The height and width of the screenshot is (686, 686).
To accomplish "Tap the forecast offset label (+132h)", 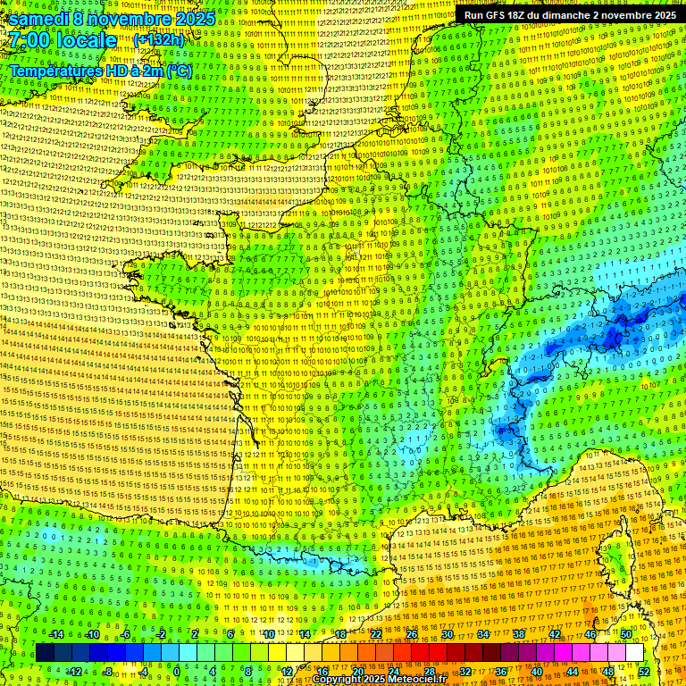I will pos(158,39).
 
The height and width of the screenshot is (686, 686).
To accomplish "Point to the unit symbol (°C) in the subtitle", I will pos(178,70).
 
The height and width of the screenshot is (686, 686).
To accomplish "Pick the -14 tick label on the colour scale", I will pos(57,634).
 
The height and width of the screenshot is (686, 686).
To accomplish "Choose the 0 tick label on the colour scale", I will pos(177,671).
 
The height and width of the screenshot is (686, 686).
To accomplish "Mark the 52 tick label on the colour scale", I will pos(644,671).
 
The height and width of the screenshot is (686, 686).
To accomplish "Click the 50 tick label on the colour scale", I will pos(626,634).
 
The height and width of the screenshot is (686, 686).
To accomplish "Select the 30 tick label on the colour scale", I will pos(447,634).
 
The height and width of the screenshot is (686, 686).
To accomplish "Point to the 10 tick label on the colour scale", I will pos(267,634).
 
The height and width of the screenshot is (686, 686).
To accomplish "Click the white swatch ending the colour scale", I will pos(634,653).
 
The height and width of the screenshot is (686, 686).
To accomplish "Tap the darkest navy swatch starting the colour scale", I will pos(45,653).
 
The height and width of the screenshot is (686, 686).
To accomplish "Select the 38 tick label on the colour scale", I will pos(518,634).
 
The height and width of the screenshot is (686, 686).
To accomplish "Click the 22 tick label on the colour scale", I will pos(375,634).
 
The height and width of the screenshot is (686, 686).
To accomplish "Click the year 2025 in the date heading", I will pos(191,19).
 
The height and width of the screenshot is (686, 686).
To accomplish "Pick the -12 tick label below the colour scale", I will pos(75,671).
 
